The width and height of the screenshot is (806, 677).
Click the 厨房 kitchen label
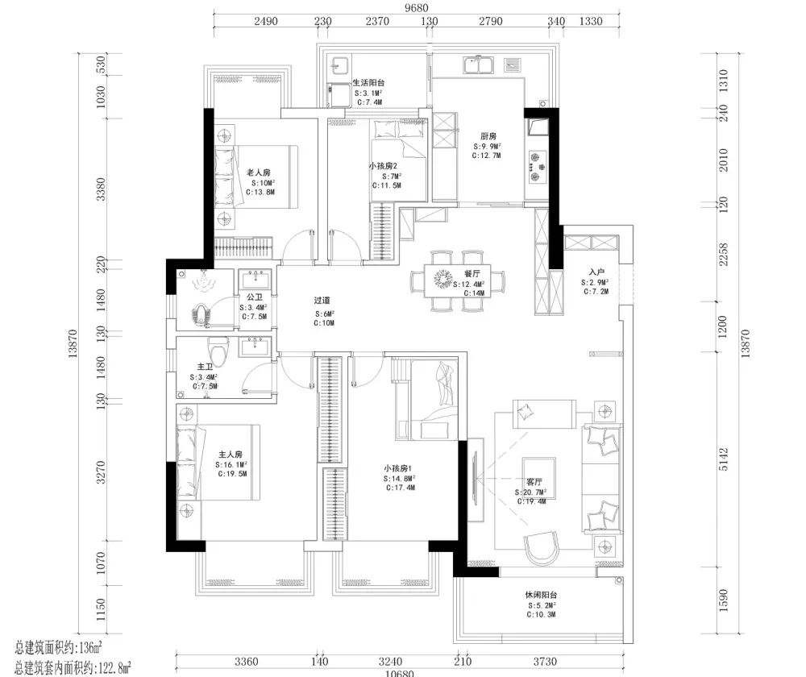(488, 136)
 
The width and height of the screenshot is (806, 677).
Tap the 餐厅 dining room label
(472, 273)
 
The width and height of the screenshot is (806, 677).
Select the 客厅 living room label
(534, 482)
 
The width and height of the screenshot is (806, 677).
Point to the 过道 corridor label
(322, 301)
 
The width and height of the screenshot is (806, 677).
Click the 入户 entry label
(596, 272)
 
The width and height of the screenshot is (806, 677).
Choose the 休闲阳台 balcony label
(541, 595)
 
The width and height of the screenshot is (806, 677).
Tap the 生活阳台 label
(368, 83)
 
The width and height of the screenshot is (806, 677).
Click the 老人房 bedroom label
(259, 172)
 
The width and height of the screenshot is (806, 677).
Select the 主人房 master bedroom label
(231, 455)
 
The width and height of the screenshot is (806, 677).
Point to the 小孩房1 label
(398, 468)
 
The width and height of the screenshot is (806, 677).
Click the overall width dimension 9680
(417, 8)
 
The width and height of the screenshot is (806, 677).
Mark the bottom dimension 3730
(545, 662)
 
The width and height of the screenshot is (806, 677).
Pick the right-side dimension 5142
(723, 459)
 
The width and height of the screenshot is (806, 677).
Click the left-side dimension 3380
(101, 189)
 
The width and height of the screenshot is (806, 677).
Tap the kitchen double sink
(479, 65)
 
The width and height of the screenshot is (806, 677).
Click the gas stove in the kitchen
(537, 167)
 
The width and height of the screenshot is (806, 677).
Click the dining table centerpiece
(442, 279)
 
